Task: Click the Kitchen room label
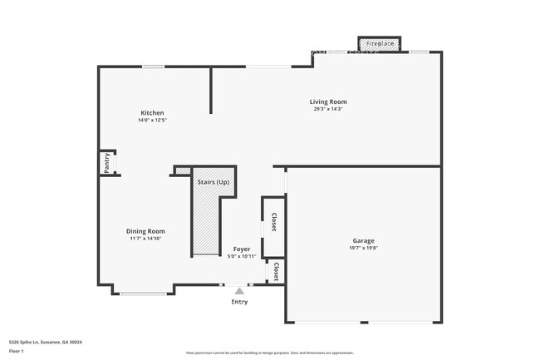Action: point(152,112)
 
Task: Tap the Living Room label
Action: point(328,101)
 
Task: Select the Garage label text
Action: point(364,239)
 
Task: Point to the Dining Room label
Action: point(145,231)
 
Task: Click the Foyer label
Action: point(241,249)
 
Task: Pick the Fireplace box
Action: point(380,42)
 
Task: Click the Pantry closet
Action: point(107,163)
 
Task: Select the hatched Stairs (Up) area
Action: point(207,220)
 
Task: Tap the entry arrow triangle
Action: point(239,290)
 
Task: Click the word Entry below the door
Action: point(239,302)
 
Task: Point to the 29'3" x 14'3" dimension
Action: point(328,109)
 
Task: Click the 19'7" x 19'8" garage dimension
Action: point(364,247)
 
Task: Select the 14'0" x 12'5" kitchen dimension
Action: point(152,121)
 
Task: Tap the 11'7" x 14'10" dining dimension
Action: point(145,239)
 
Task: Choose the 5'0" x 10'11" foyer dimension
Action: point(241,256)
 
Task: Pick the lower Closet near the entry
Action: point(275,271)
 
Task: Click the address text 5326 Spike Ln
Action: point(45,342)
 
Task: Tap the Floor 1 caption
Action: point(17,351)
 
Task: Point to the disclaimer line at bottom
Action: point(270,353)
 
